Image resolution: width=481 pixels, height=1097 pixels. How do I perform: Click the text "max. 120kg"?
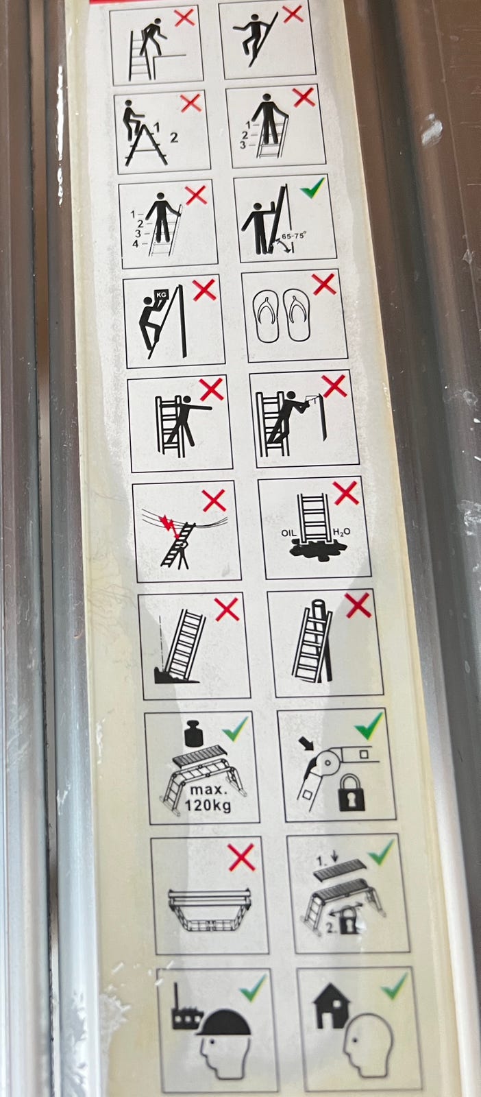coord(208,797)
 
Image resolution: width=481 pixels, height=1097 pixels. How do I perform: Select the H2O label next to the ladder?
coord(341,531)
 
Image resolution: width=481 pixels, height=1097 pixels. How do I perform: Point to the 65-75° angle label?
coord(294,236)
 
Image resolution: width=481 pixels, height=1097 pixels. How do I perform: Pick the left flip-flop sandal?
coord(266,315)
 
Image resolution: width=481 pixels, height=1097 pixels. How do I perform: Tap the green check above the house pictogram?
coord(394,986)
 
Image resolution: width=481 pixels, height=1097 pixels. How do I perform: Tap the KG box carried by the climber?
coord(161,295)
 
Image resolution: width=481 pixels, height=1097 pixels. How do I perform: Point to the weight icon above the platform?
coord(195,733)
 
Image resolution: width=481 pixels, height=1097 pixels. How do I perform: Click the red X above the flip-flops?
coord(324,285)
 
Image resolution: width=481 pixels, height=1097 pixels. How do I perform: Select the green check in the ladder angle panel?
coord(312,188)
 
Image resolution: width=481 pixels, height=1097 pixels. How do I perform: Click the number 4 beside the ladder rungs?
coord(136,243)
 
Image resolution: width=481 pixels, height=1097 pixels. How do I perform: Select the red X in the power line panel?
coord(214,500)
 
